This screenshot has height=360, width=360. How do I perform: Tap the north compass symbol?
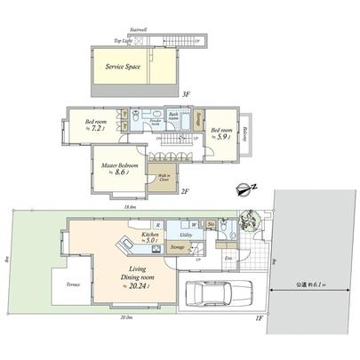[x=239, y=188]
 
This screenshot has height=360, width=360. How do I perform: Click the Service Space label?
[x=124, y=67]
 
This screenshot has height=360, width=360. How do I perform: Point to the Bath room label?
[x=175, y=116]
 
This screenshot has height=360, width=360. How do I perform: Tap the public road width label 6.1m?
[x=310, y=284]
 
